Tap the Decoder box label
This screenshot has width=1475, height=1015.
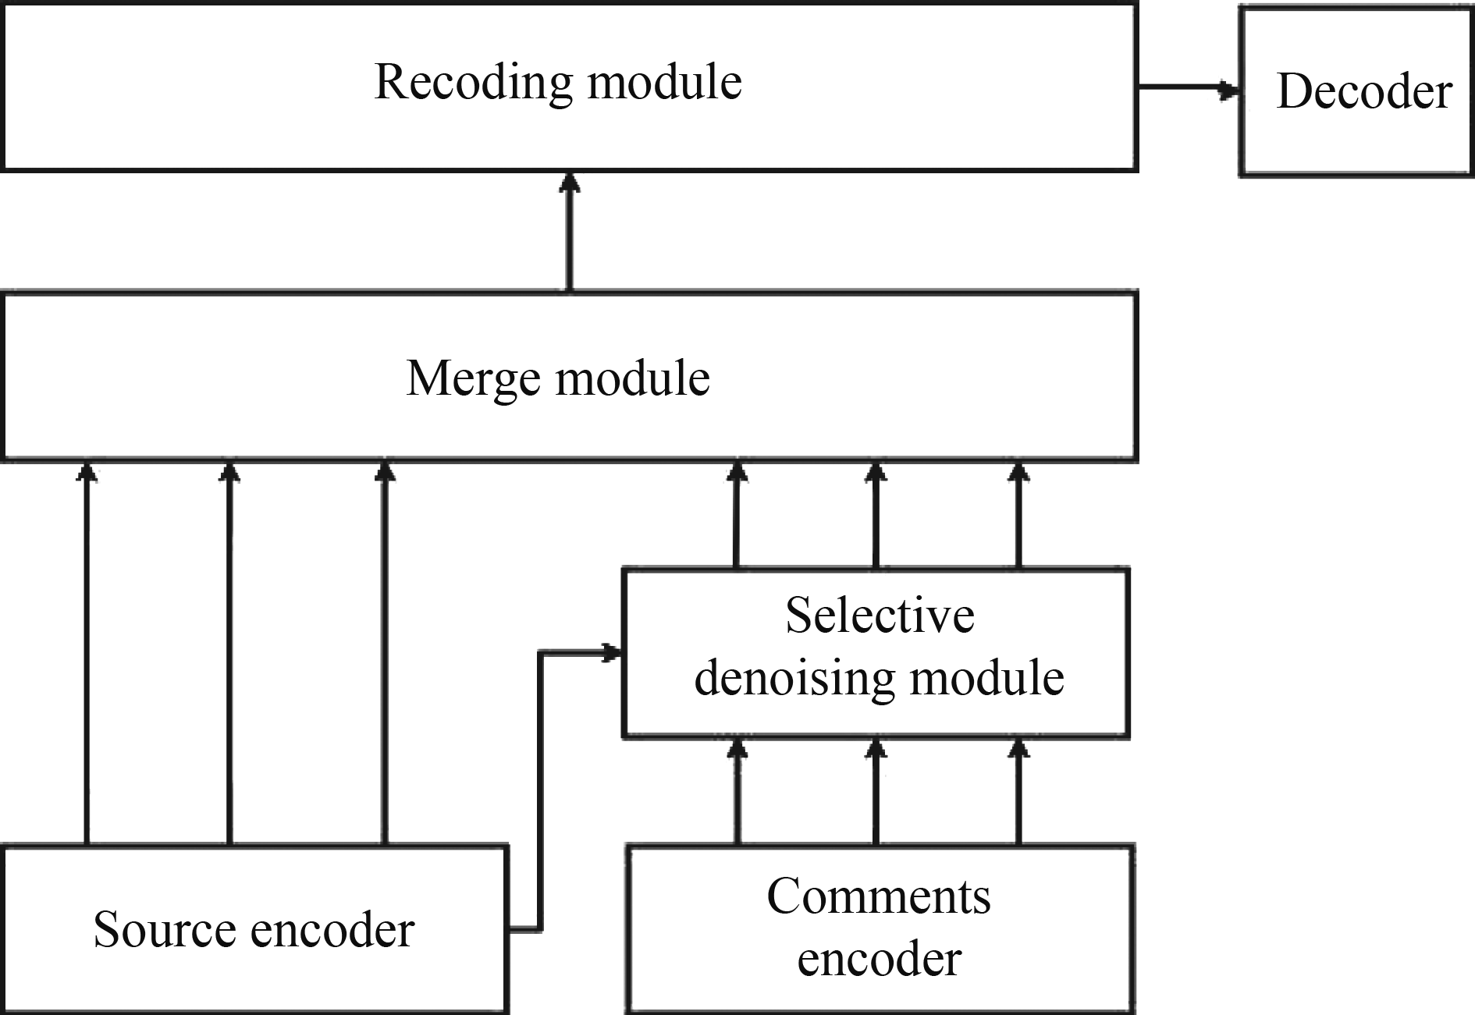click(1363, 92)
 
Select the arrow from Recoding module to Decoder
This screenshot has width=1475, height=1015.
click(1188, 87)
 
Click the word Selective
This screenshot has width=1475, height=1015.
click(880, 616)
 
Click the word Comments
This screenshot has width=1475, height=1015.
click(879, 896)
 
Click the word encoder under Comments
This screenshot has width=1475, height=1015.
click(879, 960)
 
